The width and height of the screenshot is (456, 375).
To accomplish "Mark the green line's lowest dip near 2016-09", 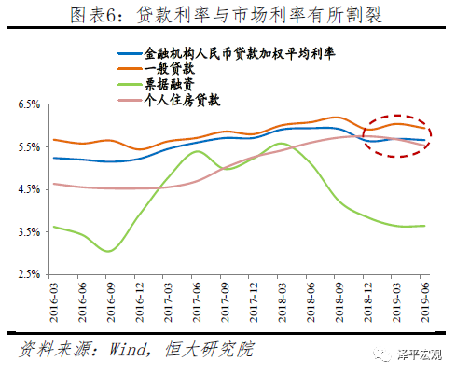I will pyautogui.click(x=109, y=251).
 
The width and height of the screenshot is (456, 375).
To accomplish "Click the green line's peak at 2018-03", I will pyautogui.click(x=284, y=145).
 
